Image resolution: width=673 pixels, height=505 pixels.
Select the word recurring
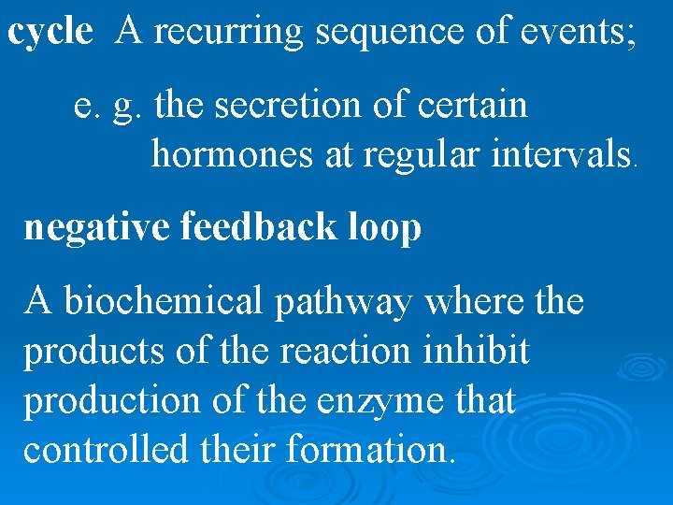pos(230,34)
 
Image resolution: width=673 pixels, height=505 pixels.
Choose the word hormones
pos(233,153)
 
